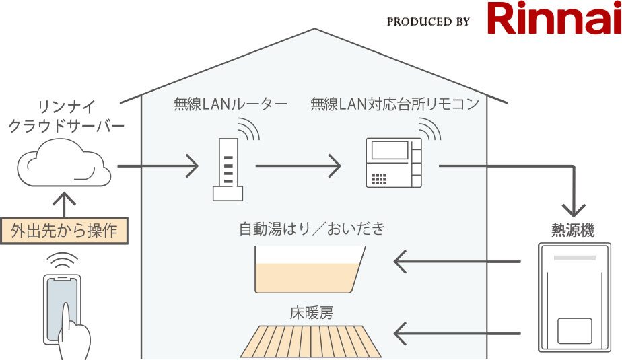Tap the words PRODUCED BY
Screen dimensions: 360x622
click(428, 22)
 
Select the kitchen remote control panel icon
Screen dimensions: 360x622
click(393, 163)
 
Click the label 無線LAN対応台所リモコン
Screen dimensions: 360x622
click(395, 104)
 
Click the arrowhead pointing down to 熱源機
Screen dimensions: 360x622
click(574, 203)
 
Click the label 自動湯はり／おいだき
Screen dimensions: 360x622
click(312, 229)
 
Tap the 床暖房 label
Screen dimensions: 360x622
click(312, 313)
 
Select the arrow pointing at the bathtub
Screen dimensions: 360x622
click(458, 261)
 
